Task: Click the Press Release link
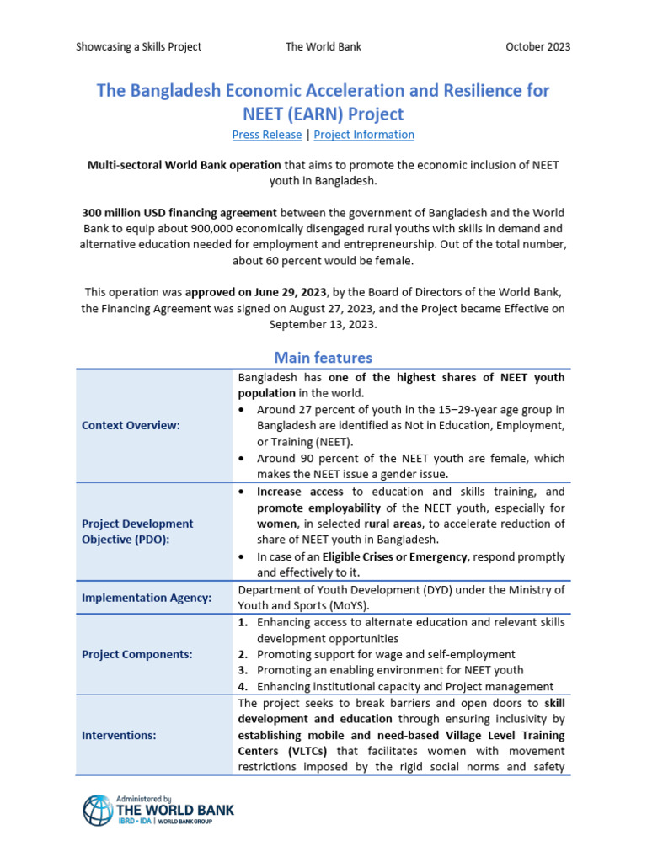coord(266,135)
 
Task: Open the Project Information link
coord(364,135)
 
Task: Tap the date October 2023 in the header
coord(537,46)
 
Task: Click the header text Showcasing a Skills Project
coord(139,46)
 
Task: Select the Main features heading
coord(323,358)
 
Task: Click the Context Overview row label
coord(131,425)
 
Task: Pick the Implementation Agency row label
coord(147,598)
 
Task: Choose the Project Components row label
coord(136,654)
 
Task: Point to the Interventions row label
coord(119,735)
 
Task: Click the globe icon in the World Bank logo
coord(97,810)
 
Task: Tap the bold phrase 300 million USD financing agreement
coord(179,213)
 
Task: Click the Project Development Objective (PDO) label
coord(137,531)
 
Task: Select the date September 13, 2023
coord(323,324)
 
